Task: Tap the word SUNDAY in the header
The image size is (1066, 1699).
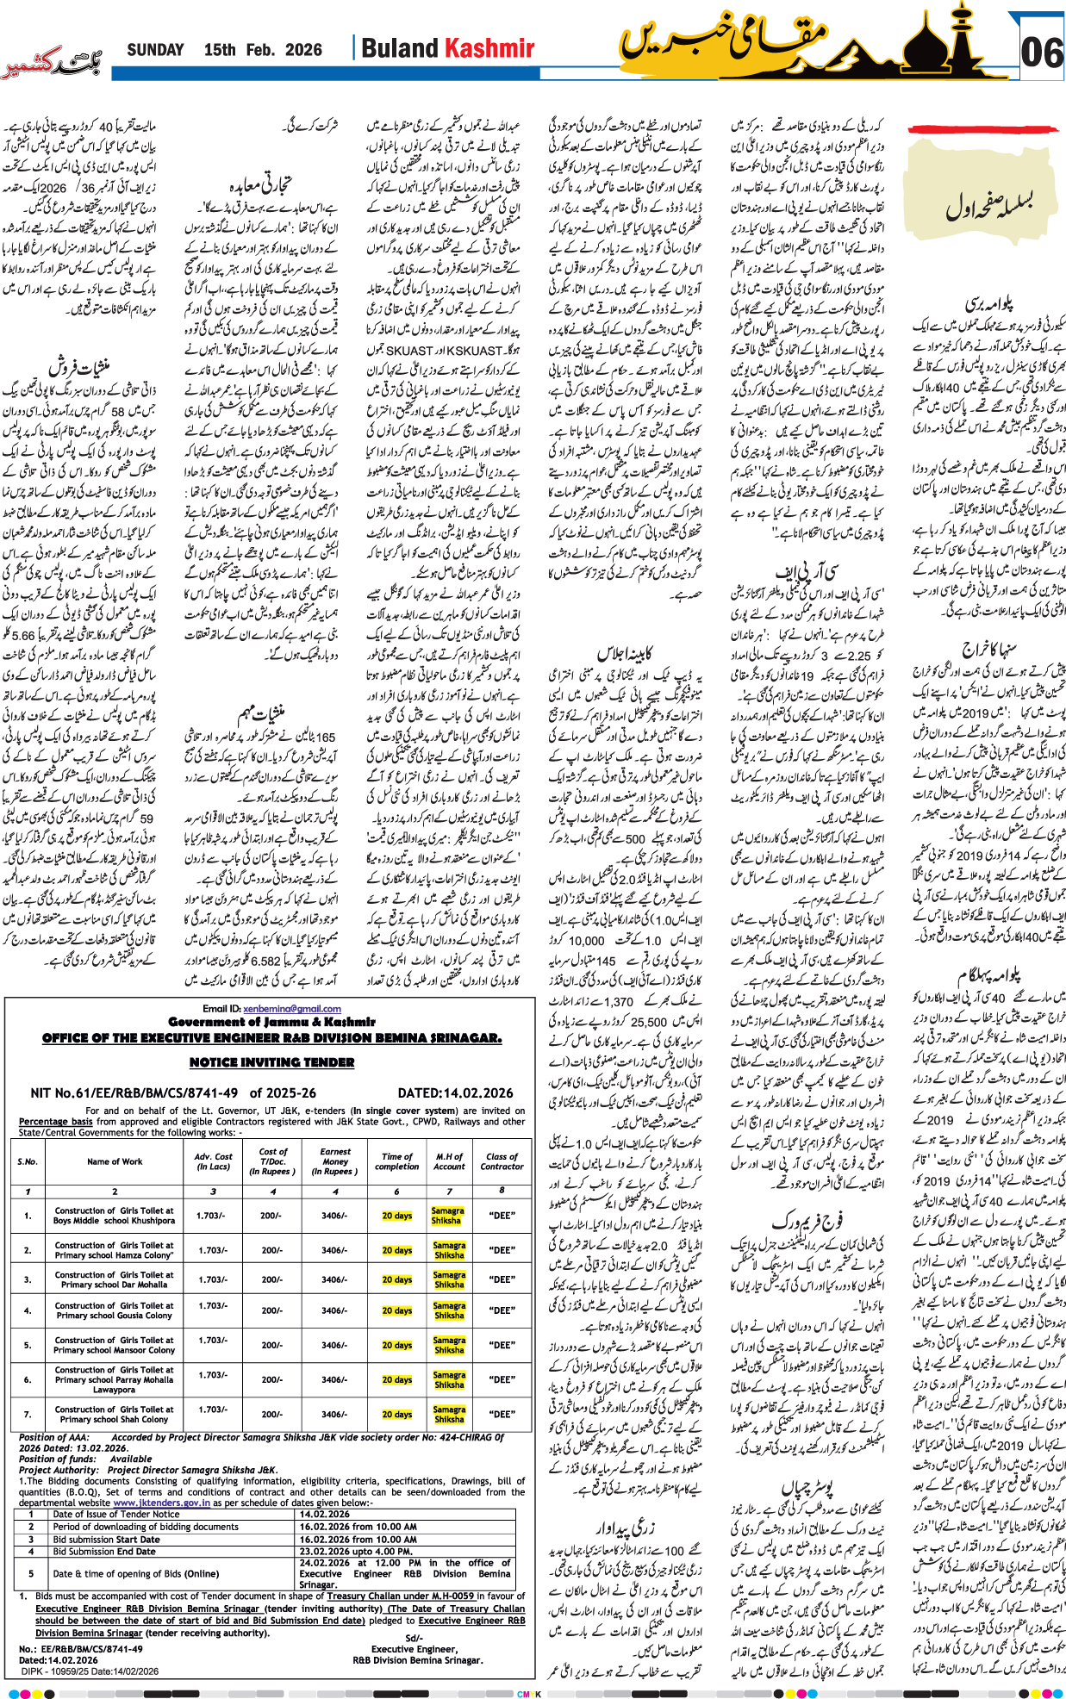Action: [155, 50]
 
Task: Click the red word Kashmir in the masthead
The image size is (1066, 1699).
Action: [489, 48]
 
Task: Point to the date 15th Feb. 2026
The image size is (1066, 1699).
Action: [263, 50]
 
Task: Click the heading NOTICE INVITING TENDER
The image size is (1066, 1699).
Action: [271, 1062]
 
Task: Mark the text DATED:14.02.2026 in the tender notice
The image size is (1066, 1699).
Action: [455, 1092]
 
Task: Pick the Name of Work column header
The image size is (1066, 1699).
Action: [115, 1161]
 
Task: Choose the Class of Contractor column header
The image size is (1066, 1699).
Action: [502, 1161]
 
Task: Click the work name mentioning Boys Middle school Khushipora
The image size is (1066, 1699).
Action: [114, 1216]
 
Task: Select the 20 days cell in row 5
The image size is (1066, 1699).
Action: [397, 1345]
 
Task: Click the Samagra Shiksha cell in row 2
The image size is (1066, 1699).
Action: [449, 1250]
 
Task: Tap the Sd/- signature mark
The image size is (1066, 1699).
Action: [414, 1639]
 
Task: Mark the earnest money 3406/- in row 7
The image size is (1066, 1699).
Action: [334, 1414]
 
